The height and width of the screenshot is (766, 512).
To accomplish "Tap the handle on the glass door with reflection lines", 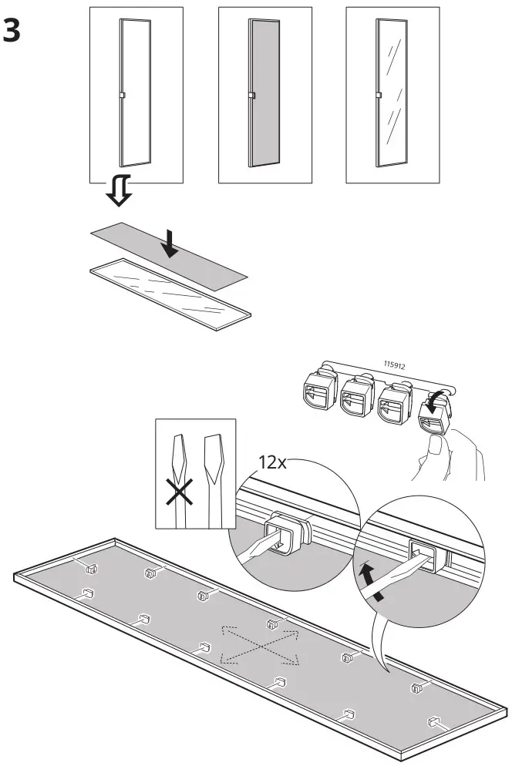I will tap(378, 96).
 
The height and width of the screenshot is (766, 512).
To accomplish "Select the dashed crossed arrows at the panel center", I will tap(260, 644).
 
